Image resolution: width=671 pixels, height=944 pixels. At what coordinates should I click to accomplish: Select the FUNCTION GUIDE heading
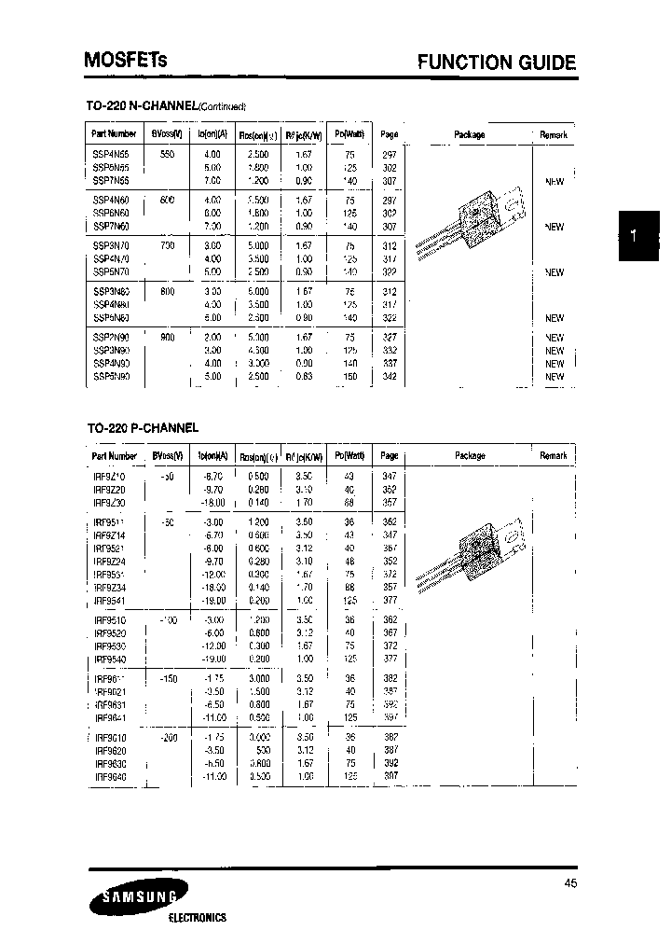tap(496, 63)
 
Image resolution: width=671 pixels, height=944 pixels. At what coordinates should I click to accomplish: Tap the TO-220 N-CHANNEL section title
tap(166, 105)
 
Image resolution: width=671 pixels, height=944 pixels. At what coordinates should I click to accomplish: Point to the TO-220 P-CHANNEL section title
tap(142, 427)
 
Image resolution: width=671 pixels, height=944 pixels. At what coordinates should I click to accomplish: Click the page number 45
tap(569, 882)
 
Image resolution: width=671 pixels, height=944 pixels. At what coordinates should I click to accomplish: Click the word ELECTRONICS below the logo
tap(197, 918)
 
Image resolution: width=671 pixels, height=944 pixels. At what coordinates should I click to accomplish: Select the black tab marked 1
tap(635, 237)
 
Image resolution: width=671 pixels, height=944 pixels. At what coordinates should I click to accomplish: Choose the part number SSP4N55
tap(113, 153)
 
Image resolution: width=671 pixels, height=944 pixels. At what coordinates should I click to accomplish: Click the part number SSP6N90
tap(113, 377)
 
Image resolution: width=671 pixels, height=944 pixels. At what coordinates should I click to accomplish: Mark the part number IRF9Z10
tap(113, 476)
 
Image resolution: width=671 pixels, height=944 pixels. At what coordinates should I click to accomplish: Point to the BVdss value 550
tap(168, 153)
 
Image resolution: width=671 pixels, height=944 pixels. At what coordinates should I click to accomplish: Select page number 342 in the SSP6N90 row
tap(390, 377)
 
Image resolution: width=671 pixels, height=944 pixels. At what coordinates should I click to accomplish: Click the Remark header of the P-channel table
tap(553, 455)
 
